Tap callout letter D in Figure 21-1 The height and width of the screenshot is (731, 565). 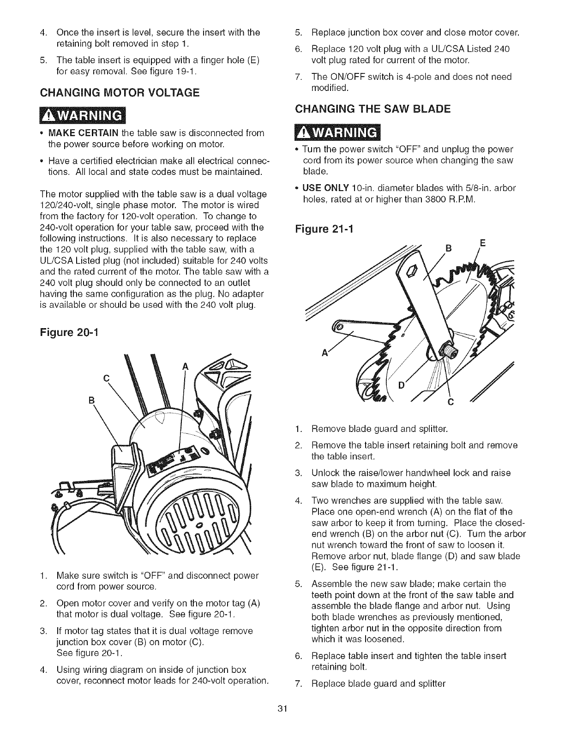click(x=400, y=384)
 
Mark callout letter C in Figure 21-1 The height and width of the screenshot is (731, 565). click(x=451, y=402)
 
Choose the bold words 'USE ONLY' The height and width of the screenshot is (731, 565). click(x=323, y=188)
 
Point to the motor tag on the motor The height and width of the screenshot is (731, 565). click(x=176, y=459)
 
